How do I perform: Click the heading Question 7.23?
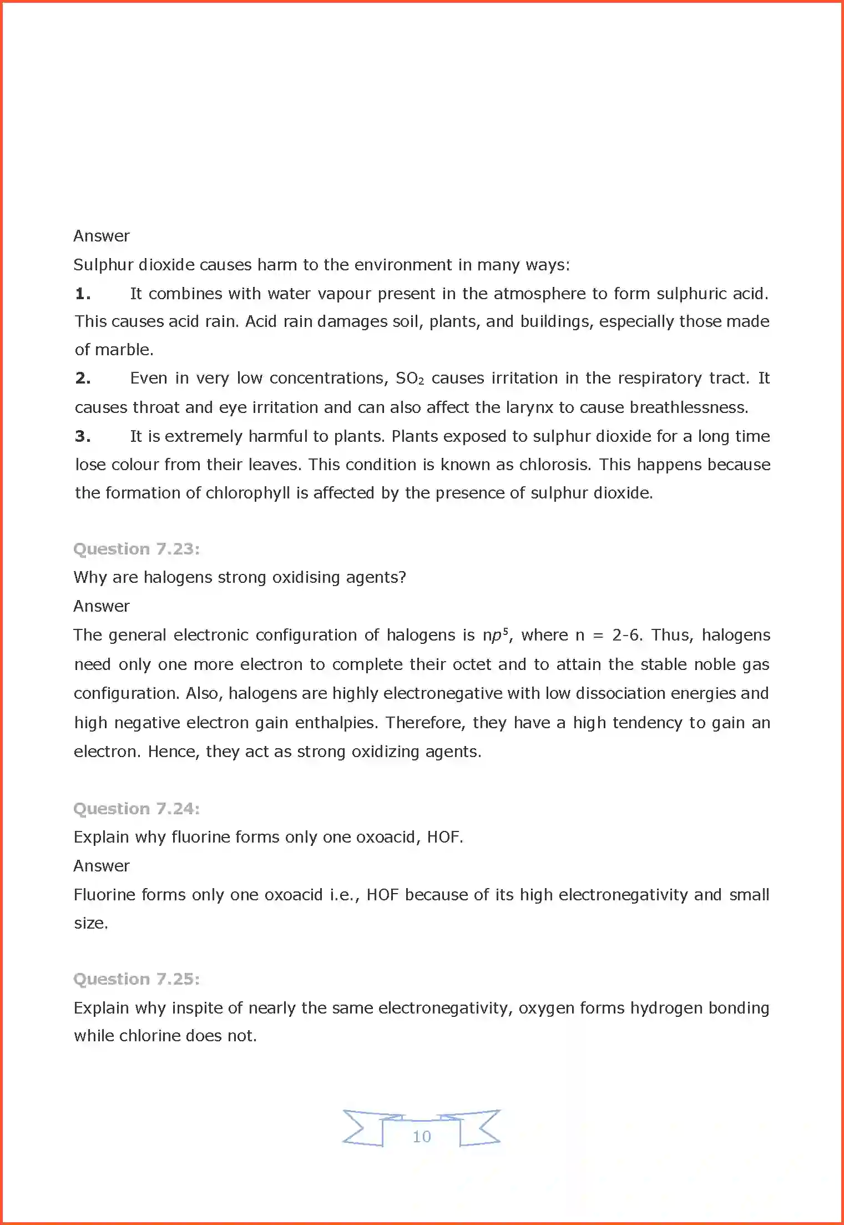(x=137, y=549)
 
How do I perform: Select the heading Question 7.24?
(x=137, y=809)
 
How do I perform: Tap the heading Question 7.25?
(x=137, y=979)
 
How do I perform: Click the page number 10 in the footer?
(x=422, y=1136)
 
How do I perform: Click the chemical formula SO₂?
(x=410, y=379)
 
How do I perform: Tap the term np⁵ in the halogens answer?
(x=495, y=635)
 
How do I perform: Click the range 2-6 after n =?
(x=626, y=635)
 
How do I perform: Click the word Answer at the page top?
(x=102, y=236)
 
